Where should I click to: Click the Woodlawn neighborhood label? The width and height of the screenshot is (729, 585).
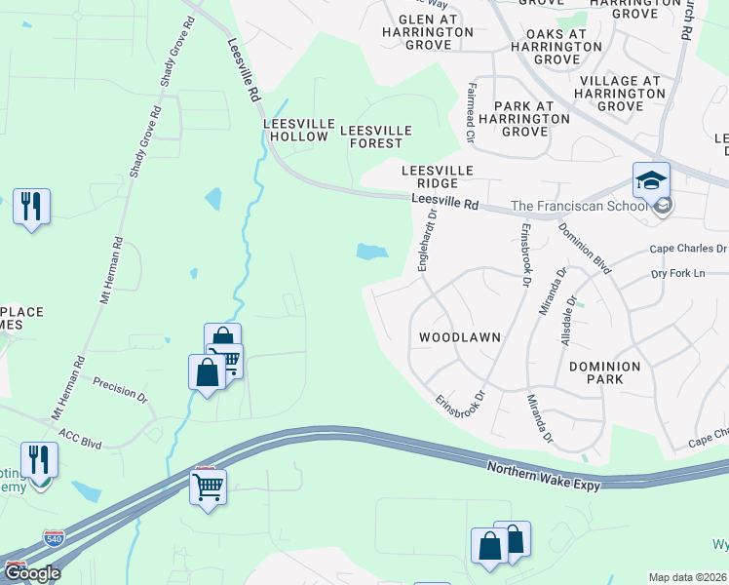(459, 337)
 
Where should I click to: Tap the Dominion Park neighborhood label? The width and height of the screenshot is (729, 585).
(605, 373)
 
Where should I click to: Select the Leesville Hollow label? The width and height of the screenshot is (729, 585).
(296, 131)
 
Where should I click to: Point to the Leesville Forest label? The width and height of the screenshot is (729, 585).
(375, 136)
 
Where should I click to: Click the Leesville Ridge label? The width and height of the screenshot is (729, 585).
(438, 176)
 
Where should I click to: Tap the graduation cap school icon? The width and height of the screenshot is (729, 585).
(651, 181)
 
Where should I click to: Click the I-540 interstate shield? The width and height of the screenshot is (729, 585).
(56, 538)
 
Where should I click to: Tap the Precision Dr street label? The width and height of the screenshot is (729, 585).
(120, 391)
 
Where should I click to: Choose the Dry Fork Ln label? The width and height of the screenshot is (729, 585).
(676, 274)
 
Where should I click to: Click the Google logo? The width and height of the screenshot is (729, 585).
(31, 573)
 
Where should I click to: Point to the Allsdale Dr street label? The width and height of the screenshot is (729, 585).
(572, 315)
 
